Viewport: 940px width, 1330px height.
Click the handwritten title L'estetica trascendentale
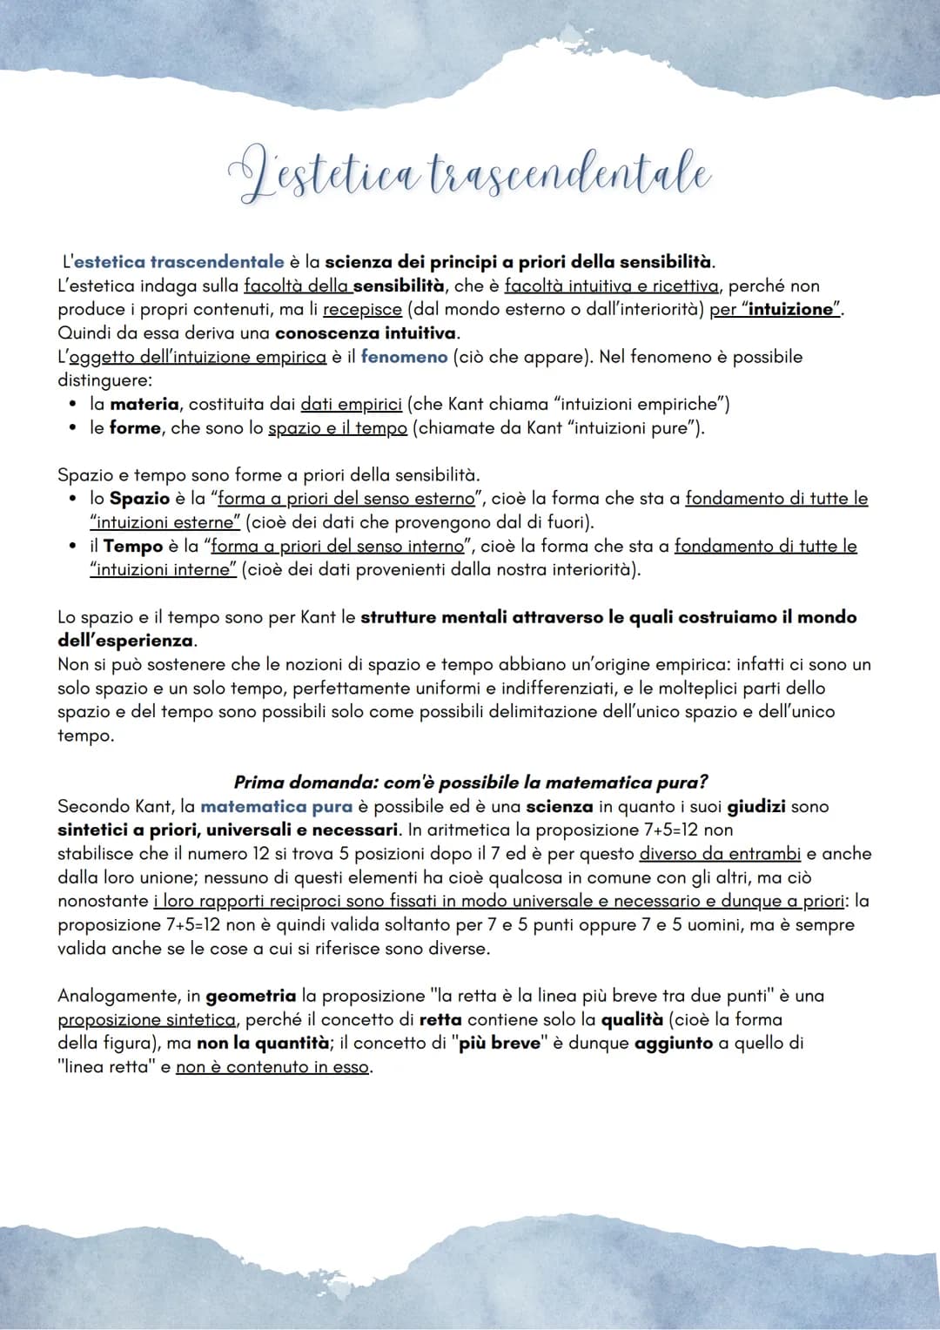[x=471, y=174]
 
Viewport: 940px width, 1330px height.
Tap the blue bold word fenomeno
[x=404, y=357]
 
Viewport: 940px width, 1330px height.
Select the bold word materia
[x=144, y=404]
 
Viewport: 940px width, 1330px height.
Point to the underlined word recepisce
[x=362, y=309]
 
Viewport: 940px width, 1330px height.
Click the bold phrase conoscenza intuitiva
[x=366, y=332]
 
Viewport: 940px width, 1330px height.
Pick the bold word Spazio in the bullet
[x=139, y=499]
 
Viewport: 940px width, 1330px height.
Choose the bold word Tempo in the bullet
[x=133, y=546]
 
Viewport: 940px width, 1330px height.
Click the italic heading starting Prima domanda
[x=470, y=783]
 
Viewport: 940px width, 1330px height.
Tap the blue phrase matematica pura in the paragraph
[x=276, y=807]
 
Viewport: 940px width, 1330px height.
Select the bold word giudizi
[x=756, y=807]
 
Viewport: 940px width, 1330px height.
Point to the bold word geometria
[x=251, y=995]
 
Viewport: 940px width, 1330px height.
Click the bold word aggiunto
[x=673, y=1043]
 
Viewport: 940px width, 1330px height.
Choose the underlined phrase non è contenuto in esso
[x=273, y=1067]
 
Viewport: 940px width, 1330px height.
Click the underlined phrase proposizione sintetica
[x=146, y=1019]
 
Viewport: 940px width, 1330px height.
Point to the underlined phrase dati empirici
[x=351, y=404]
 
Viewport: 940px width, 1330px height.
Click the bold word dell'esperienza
[x=126, y=641]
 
